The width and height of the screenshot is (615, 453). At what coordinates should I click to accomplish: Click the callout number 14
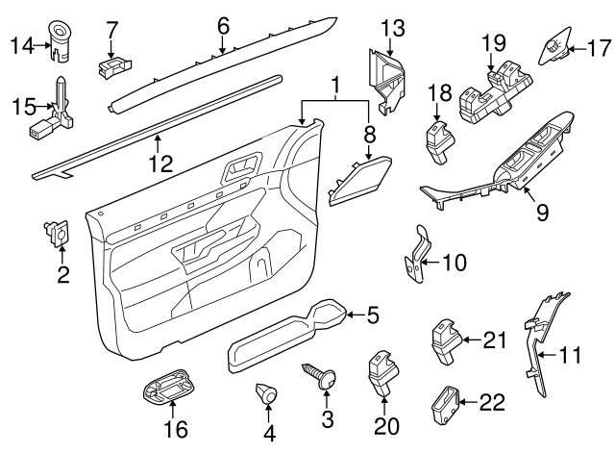click(20, 43)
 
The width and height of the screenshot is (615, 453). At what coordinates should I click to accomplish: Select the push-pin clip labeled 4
click(266, 395)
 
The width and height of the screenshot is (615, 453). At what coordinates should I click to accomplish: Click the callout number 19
click(493, 42)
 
